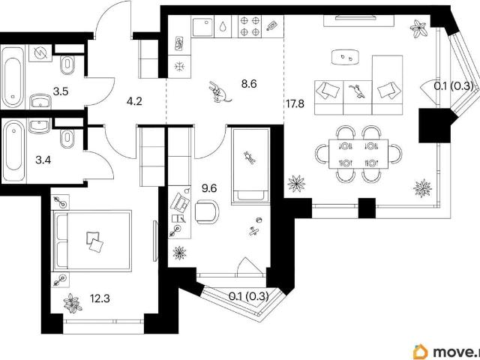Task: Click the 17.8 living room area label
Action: coord(295,104)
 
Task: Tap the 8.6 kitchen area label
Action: coord(249,83)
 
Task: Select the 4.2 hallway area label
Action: coord(134,101)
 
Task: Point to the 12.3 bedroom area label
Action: coord(100,298)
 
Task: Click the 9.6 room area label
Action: coord(209,188)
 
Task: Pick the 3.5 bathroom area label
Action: coord(60,91)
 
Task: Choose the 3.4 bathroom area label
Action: coord(43,160)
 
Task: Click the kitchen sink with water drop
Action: coord(203,27)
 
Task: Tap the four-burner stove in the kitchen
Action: coord(250,27)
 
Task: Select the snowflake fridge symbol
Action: coord(178,67)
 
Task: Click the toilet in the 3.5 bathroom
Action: coord(67,64)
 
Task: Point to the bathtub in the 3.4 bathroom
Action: coord(13,150)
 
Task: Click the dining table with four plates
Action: coord(358,154)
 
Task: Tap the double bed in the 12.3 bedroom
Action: coord(92,241)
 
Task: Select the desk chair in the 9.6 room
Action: coord(208,211)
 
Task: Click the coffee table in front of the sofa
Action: coord(345,57)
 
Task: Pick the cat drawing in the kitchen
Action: coord(220,91)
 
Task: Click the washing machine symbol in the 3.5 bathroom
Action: coord(40,53)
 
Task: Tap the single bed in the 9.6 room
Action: coord(250,166)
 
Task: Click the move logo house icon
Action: coord(421,351)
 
